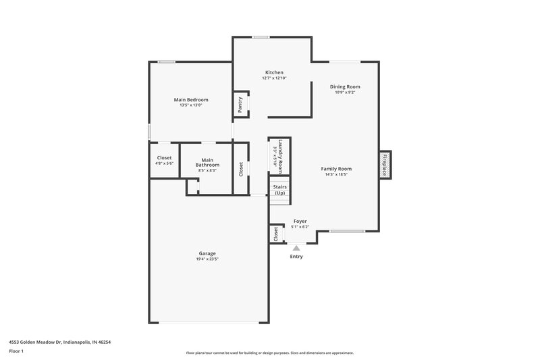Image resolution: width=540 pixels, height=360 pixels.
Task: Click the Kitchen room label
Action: (x=274, y=72)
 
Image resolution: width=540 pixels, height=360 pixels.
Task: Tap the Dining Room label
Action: (x=344, y=86)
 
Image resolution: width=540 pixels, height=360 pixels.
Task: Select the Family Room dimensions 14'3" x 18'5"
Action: (x=336, y=174)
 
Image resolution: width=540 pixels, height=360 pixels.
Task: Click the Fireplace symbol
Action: (x=385, y=165)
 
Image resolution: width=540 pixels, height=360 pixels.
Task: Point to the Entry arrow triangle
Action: (x=296, y=248)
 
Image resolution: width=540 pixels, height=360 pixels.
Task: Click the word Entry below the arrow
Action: (x=296, y=257)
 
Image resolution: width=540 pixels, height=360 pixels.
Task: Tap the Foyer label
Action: (x=299, y=221)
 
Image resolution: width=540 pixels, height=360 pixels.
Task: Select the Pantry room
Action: (x=240, y=105)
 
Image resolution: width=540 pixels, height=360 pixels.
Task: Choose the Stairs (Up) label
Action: (x=279, y=190)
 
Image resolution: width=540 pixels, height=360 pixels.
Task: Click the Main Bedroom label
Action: (x=191, y=99)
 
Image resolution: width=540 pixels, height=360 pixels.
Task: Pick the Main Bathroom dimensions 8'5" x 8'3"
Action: (x=207, y=170)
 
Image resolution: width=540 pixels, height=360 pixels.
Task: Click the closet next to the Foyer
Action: (x=276, y=234)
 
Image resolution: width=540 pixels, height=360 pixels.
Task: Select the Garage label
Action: (x=207, y=253)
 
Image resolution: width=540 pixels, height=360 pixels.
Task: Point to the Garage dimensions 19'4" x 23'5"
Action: (x=207, y=259)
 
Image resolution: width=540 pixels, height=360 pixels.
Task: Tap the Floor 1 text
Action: (x=17, y=352)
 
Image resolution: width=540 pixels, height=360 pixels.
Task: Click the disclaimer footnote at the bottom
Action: (x=269, y=353)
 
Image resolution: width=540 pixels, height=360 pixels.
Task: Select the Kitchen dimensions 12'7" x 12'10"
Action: (x=274, y=78)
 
